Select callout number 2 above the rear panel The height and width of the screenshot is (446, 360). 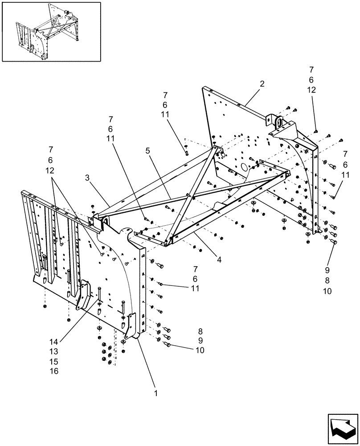click(x=262, y=83)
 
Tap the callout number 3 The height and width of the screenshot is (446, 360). click(x=88, y=178)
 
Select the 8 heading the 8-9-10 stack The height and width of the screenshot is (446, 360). click(x=200, y=332)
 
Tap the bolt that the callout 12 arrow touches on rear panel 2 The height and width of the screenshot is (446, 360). click(x=316, y=131)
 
